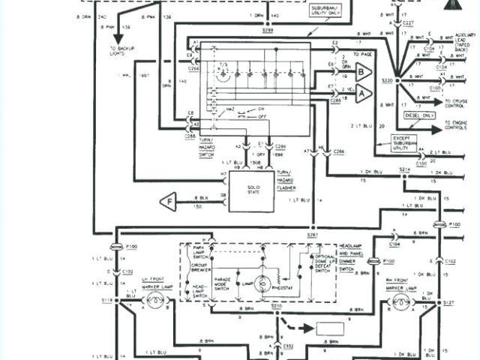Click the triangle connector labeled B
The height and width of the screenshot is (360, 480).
pyautogui.click(x=363, y=73)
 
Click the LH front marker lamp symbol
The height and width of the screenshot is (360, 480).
pyautogui.click(x=154, y=301)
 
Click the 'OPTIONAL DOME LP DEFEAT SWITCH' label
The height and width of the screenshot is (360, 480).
pyautogui.click(x=322, y=265)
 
